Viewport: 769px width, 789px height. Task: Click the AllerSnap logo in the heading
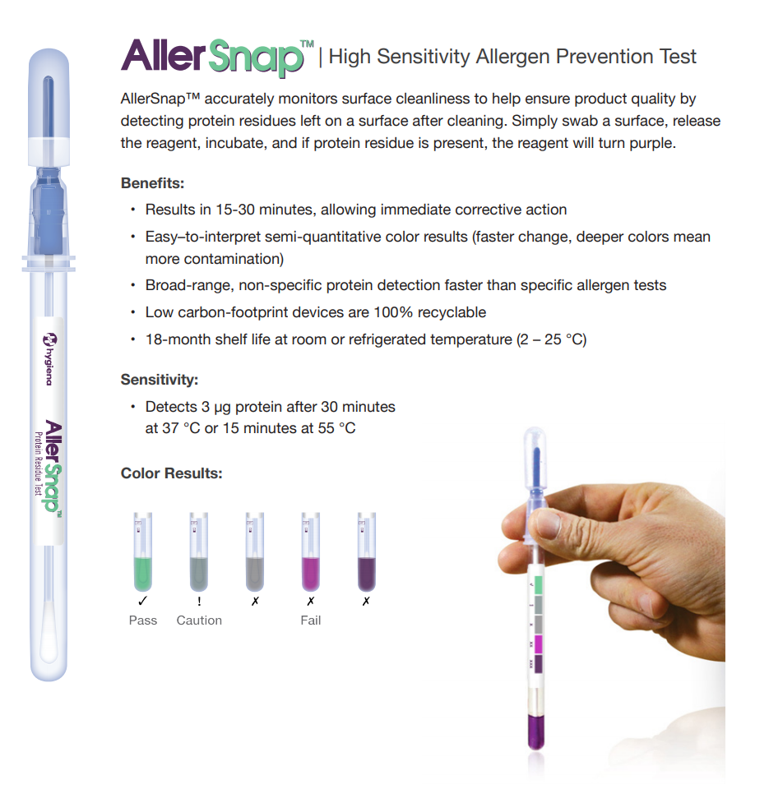[217, 58]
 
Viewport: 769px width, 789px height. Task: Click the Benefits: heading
[153, 183]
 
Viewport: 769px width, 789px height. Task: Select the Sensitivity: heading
[160, 380]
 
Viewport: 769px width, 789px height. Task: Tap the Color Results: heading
[171, 473]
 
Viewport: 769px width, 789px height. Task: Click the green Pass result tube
[143, 552]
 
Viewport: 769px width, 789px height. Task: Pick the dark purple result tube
[367, 552]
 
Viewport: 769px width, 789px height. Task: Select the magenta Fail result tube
[311, 552]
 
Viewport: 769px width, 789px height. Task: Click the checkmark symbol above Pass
[143, 601]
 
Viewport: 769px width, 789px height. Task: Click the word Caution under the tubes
[199, 621]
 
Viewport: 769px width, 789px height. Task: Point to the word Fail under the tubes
[311, 621]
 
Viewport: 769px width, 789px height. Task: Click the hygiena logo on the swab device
[49, 359]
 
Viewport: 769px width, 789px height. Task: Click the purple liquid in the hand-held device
[535, 731]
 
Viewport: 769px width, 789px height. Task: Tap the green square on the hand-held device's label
[538, 585]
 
